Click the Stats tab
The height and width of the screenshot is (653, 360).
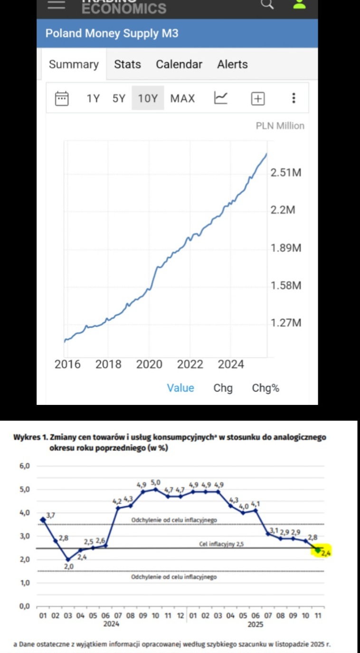point(127,64)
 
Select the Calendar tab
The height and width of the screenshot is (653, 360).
point(179,64)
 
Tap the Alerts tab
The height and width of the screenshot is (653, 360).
point(232,64)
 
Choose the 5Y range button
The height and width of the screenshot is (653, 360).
point(119,98)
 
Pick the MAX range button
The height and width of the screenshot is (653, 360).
point(182,98)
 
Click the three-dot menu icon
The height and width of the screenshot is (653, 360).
point(294,98)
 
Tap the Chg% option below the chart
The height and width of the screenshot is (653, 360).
point(265,388)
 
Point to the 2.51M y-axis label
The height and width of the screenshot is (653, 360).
point(285,173)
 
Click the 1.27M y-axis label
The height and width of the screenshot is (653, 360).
point(285,323)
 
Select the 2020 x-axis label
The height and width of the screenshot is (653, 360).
point(149,365)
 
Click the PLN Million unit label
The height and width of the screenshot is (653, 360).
point(280,126)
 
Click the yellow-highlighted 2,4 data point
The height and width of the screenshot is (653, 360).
point(318,550)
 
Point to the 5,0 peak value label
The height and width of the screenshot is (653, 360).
point(155,482)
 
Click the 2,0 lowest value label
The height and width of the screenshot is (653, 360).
point(69,567)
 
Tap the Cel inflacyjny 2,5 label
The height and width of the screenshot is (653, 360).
point(221,544)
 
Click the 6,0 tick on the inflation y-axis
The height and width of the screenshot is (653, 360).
point(24,466)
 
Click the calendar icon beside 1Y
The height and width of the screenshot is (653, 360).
point(62,98)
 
